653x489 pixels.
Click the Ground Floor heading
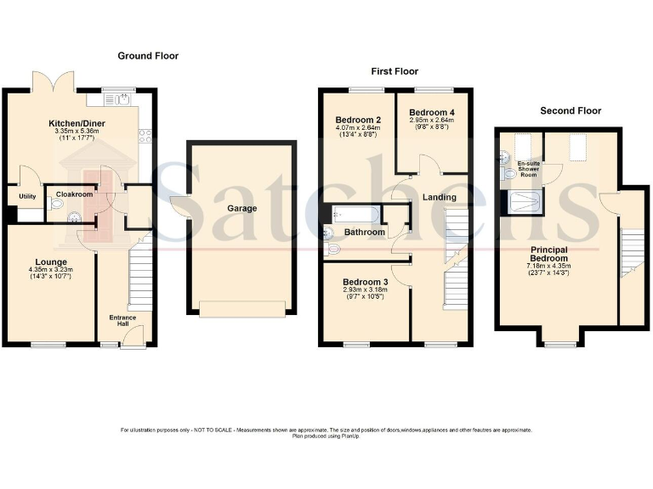click(148, 56)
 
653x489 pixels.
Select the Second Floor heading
click(571, 111)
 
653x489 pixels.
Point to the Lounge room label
click(51, 262)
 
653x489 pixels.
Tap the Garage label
click(241, 208)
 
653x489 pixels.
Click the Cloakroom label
click(74, 194)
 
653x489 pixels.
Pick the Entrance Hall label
click(123, 321)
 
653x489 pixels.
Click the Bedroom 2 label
click(357, 120)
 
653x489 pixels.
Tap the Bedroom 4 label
click(432, 112)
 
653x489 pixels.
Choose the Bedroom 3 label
click(366, 282)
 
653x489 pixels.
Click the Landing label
click(439, 198)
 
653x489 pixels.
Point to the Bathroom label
click(365, 232)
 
